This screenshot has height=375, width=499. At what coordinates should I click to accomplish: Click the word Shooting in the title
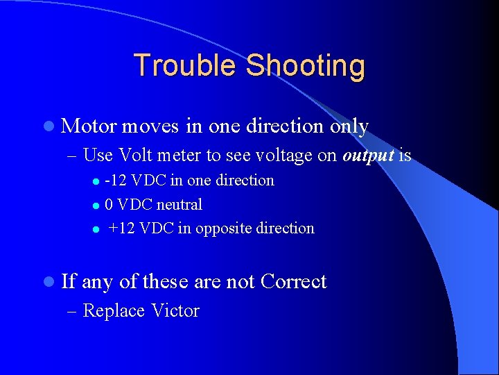(x=305, y=66)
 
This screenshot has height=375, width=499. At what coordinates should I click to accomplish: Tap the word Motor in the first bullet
(x=89, y=126)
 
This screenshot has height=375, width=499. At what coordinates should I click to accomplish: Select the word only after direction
(x=349, y=126)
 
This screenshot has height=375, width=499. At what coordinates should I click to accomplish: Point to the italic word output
(x=367, y=156)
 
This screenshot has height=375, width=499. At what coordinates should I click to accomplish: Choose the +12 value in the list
(x=122, y=228)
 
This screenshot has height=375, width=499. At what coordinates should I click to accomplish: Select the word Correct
(x=293, y=282)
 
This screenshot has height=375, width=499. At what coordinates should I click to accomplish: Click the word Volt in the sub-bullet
(x=136, y=156)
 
